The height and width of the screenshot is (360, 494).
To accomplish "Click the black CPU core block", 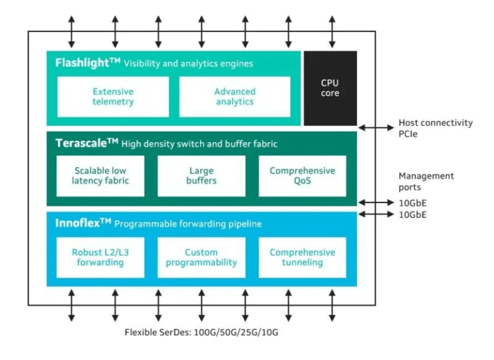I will tap(330, 88).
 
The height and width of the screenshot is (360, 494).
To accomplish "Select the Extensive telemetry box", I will tap(113, 96).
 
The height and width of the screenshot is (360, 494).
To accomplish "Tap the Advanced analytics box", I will tap(234, 96).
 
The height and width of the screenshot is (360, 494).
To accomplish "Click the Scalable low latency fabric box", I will tap(100, 175).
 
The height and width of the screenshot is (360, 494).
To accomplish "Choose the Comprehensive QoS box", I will tap(302, 175).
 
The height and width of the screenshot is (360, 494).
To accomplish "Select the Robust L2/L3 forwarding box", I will tap(100, 257).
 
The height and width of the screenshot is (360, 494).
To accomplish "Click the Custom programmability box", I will tap(201, 257).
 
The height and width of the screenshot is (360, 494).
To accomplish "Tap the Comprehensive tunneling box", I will tap(302, 257).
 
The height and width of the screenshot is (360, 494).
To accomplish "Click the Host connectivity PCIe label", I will tap(435, 128).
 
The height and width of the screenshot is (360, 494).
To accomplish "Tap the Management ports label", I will tap(426, 181).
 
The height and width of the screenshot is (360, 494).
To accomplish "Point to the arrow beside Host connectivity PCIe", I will tap(376, 128).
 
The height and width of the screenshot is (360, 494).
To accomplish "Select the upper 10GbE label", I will tap(412, 203).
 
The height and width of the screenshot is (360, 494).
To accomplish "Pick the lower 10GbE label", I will tap(412, 215).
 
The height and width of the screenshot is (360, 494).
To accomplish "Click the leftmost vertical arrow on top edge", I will tap(71, 30).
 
